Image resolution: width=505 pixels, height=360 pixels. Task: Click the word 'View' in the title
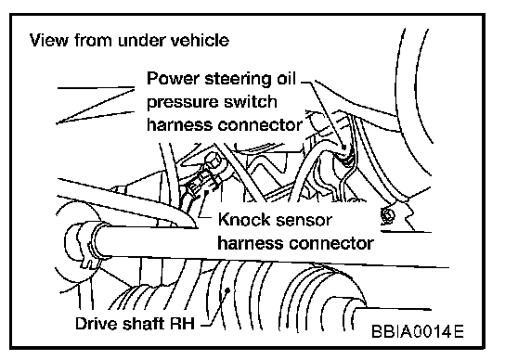(49, 40)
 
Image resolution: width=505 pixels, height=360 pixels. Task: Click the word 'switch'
(251, 102)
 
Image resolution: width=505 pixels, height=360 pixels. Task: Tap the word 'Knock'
(244, 220)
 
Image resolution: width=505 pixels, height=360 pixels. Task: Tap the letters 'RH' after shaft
(182, 323)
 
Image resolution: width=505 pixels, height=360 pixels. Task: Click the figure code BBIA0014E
(418, 331)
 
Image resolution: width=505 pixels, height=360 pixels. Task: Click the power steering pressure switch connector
(345, 156)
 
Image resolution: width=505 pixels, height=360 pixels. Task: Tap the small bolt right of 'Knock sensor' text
(387, 214)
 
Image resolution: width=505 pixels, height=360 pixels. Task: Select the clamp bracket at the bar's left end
(84, 244)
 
